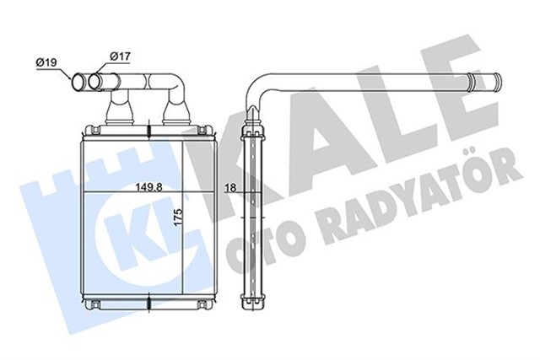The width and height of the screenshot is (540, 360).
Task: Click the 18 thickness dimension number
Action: coord(229,189)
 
